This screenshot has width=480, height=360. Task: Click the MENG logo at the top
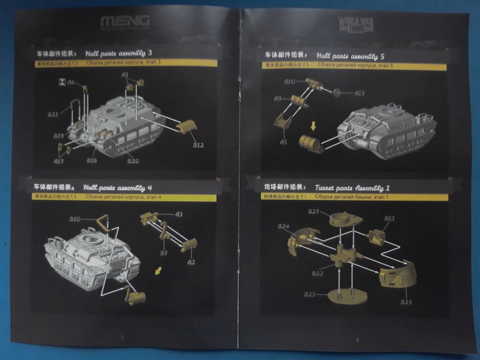[125, 22]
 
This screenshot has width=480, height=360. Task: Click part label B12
[198, 145]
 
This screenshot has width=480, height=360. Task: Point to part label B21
[53, 115]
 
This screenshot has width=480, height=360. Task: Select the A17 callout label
[58, 161]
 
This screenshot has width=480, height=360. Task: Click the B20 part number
[133, 161]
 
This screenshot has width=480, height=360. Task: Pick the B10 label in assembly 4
[75, 218]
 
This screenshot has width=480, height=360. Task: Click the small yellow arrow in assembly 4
[160, 272]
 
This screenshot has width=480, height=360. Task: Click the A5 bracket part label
[283, 142]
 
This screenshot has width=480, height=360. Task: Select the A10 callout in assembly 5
[289, 81]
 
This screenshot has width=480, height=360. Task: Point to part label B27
[315, 212]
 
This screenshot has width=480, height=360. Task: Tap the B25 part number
[406, 302]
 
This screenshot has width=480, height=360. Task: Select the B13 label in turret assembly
[389, 218]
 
